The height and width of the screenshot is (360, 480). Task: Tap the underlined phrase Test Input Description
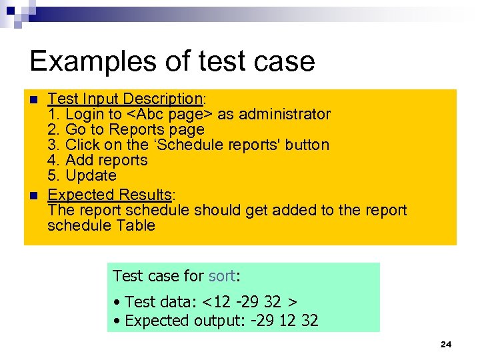125,99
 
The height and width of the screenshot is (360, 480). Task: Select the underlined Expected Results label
110,195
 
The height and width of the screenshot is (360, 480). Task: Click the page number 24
446,344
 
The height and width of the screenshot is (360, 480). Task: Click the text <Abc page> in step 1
169,115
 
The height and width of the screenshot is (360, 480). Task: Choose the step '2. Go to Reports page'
126,129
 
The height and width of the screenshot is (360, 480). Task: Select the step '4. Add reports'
97,160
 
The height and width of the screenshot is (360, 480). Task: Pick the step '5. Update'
82,175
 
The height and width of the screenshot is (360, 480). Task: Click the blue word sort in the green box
222,276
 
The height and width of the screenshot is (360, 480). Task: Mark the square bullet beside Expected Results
35,196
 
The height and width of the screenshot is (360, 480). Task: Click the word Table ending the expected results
135,225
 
